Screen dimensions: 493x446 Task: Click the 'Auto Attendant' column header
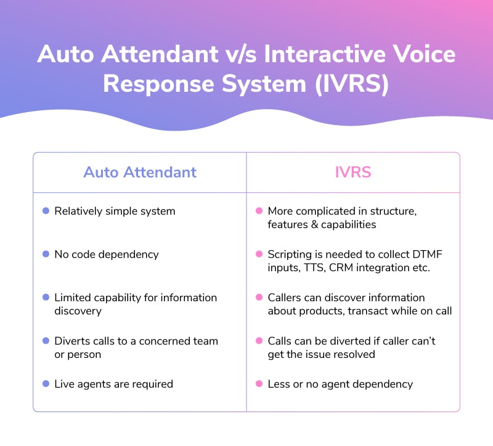coord(140,172)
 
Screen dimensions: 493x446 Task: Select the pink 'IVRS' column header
coord(353,172)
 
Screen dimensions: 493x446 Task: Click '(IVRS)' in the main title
coord(352,84)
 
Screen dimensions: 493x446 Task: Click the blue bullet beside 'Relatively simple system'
coord(46,211)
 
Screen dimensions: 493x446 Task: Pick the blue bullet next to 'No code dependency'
coord(46,254)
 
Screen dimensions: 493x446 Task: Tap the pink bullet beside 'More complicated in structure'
coord(259,211)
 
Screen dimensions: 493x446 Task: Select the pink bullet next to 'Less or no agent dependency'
coord(259,383)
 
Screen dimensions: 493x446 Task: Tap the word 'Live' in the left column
coord(65,384)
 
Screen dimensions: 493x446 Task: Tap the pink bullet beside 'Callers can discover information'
coord(259,297)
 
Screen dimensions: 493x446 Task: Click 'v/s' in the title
coord(241,55)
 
